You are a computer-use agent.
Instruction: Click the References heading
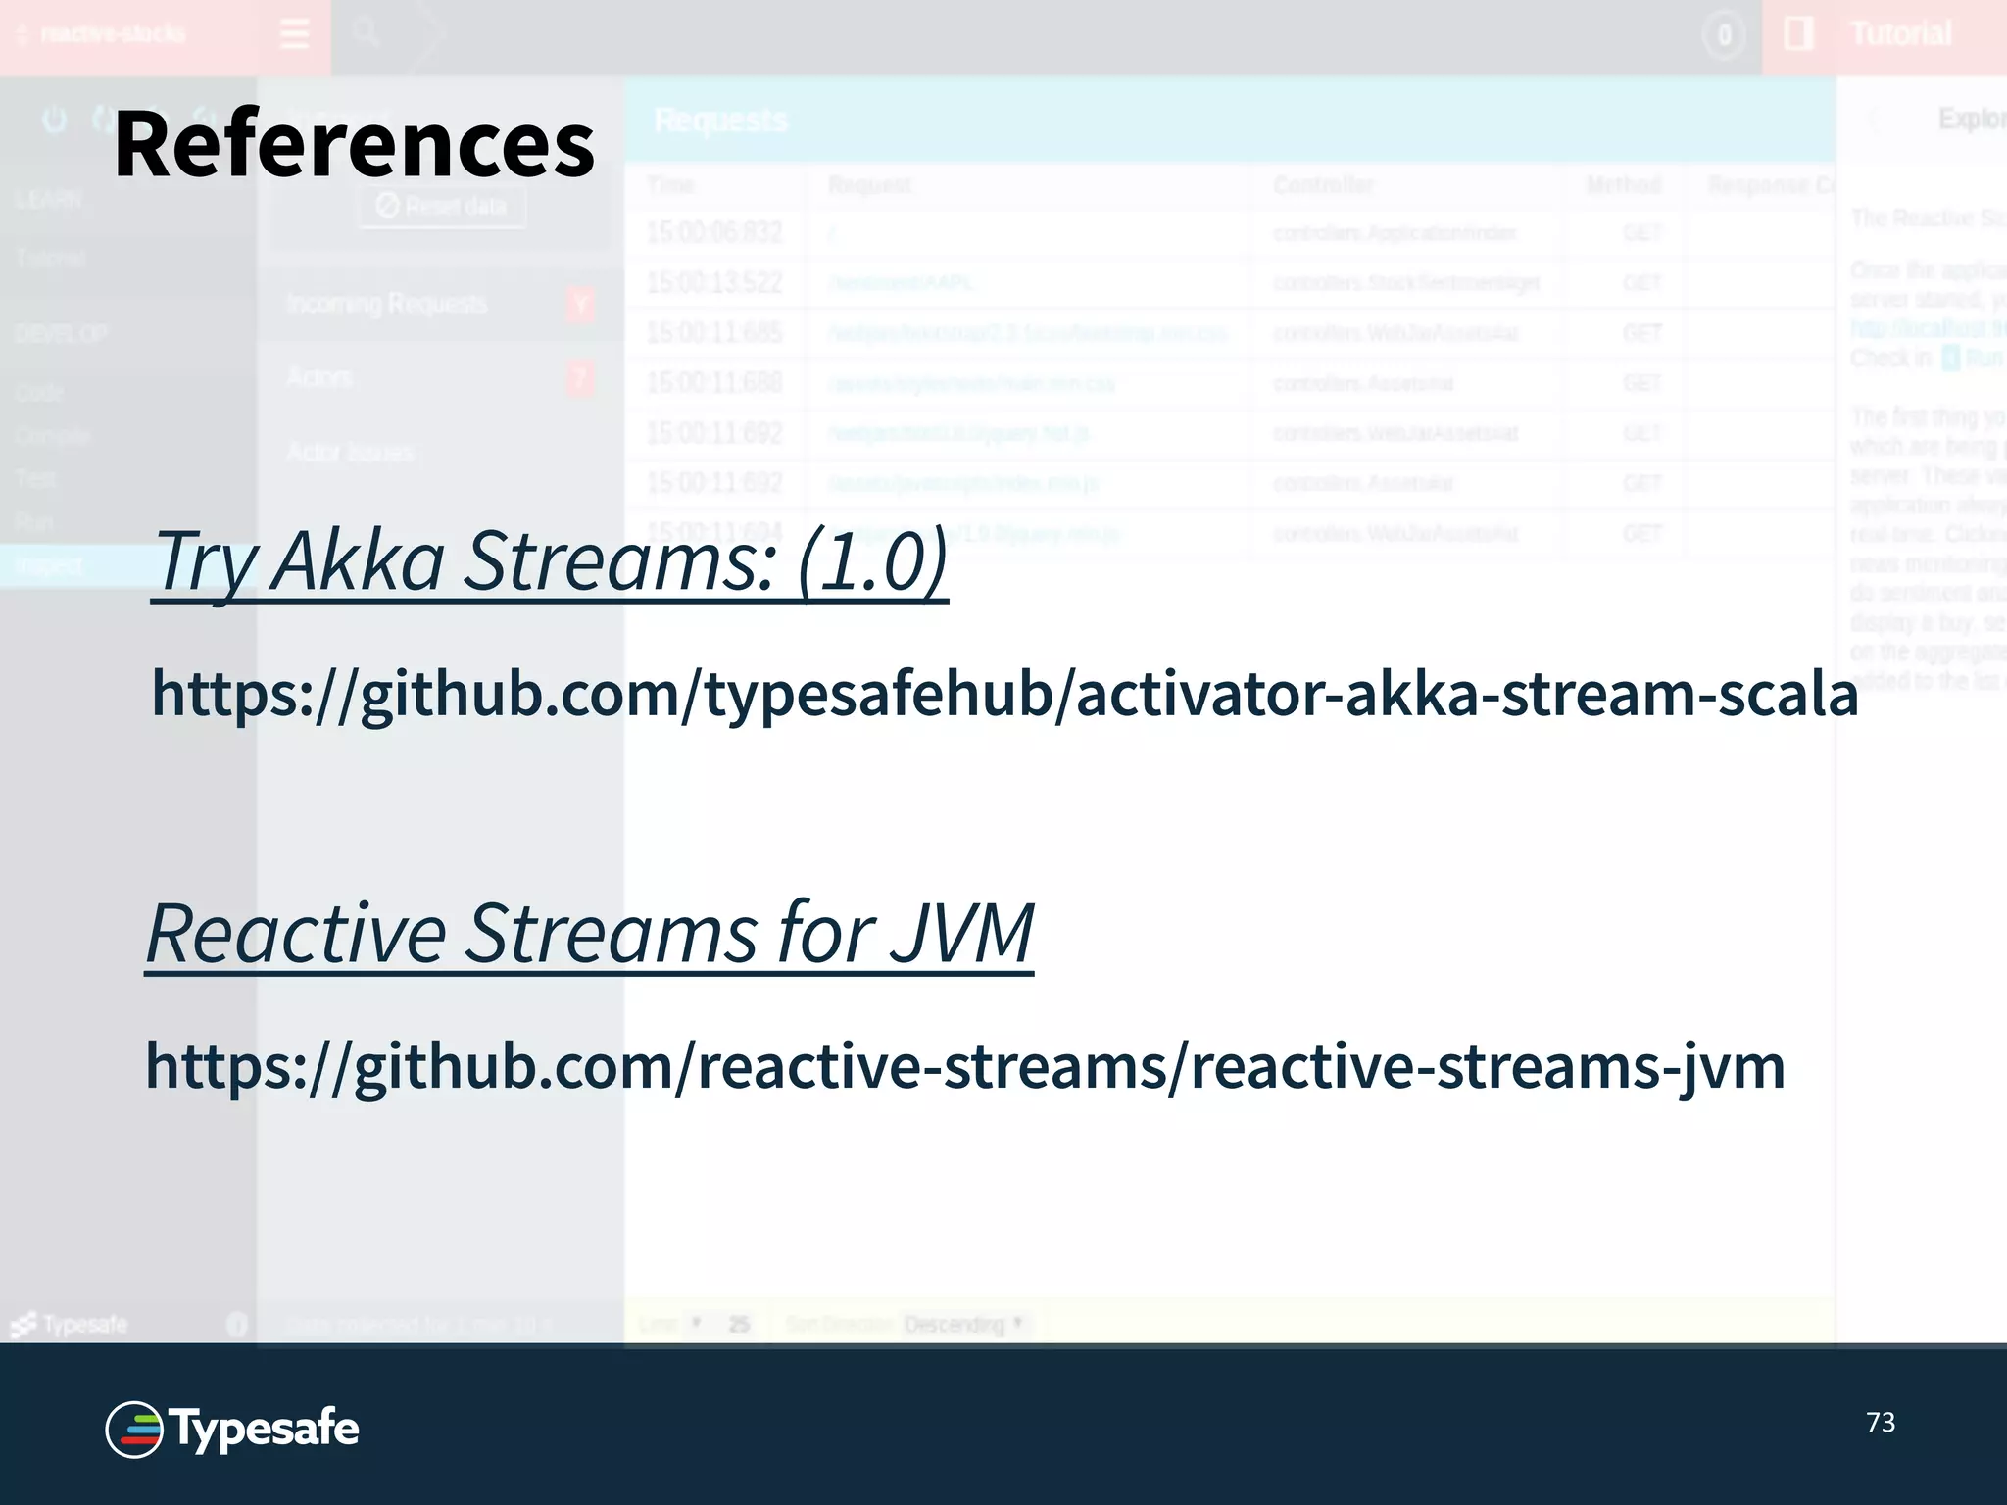pos(354,145)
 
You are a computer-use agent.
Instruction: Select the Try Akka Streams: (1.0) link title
pos(550,560)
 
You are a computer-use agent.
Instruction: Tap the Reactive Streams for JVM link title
pos(589,933)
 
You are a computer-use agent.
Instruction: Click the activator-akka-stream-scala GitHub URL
pos(1004,694)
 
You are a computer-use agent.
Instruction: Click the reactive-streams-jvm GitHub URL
pos(965,1066)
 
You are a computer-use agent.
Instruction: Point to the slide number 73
pos(1880,1423)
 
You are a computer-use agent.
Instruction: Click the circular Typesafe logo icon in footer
pos(134,1430)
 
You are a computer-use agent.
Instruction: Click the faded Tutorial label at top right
pos(1900,34)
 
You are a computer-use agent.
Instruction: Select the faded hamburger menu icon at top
pos(294,34)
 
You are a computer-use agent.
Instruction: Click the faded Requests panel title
pos(720,121)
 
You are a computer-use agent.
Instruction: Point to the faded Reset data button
pos(442,206)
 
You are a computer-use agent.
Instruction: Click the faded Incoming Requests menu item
pos(386,304)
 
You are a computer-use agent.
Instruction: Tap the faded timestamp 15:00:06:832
pos(714,233)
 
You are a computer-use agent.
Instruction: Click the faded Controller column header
pos(1323,185)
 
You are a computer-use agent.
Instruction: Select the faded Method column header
pos(1624,185)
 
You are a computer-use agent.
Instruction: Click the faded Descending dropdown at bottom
pos(963,1325)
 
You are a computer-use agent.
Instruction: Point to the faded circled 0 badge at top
pos(1724,36)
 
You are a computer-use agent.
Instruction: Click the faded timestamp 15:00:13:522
pos(714,283)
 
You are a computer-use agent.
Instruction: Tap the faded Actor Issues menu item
pos(350,452)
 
